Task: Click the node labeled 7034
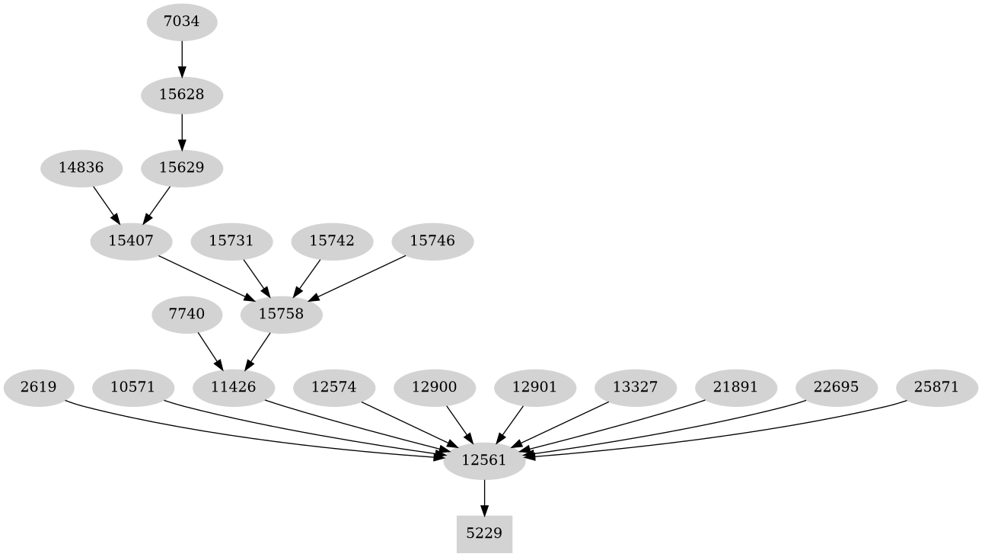pos(181,21)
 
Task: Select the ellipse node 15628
pos(181,94)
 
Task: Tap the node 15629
pos(181,168)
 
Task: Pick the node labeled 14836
pos(81,168)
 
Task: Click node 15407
pos(131,241)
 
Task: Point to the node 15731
pos(231,241)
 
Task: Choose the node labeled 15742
pos(332,241)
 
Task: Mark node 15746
pos(432,241)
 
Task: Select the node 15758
pos(281,314)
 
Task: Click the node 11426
pos(233,387)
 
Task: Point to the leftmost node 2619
pos(38,387)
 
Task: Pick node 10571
pos(132,387)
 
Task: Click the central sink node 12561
pos(483,460)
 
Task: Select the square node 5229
pos(483,533)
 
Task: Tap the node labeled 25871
pos(936,387)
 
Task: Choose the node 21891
pos(735,387)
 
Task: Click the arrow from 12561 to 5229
pos(483,498)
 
